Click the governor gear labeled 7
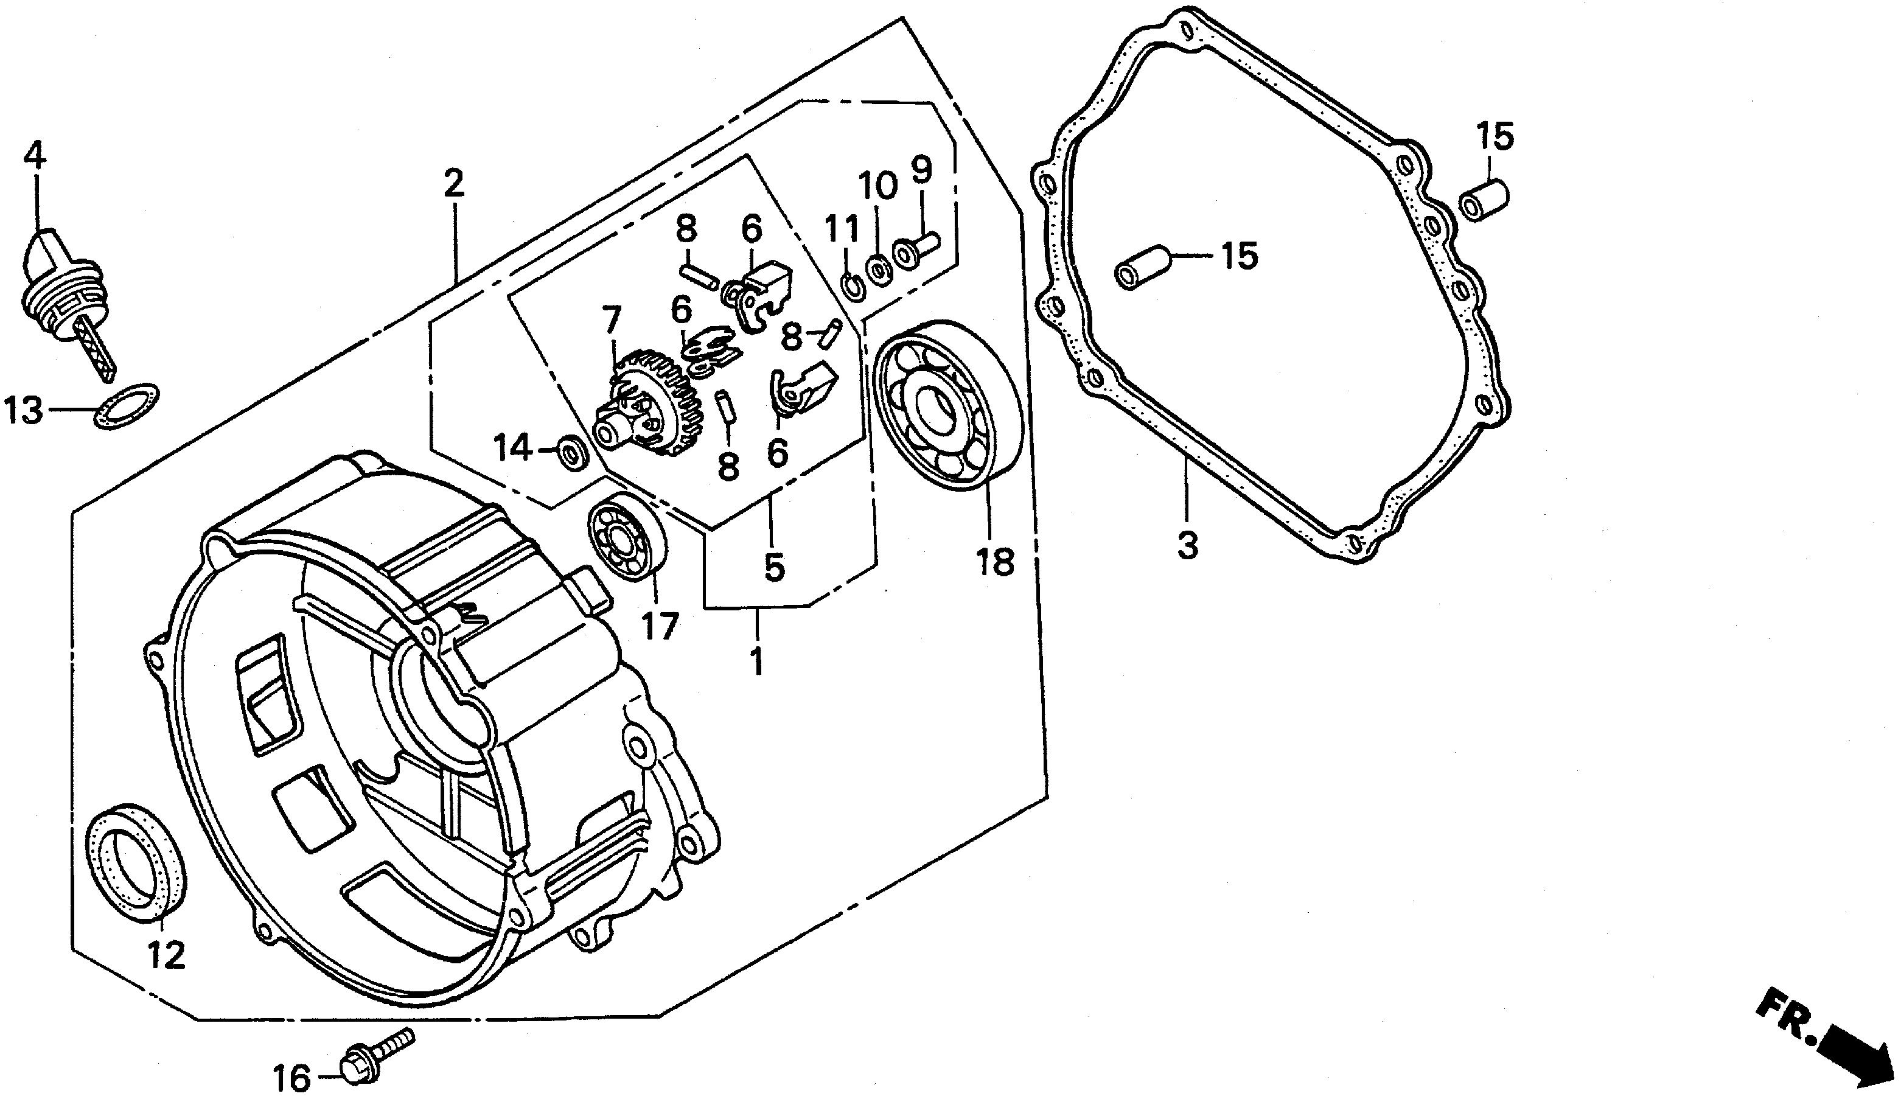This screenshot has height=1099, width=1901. (649, 402)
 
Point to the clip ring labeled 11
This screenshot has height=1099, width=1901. (853, 286)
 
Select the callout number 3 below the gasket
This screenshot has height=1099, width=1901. (1188, 545)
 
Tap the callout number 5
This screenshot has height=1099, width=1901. (774, 567)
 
